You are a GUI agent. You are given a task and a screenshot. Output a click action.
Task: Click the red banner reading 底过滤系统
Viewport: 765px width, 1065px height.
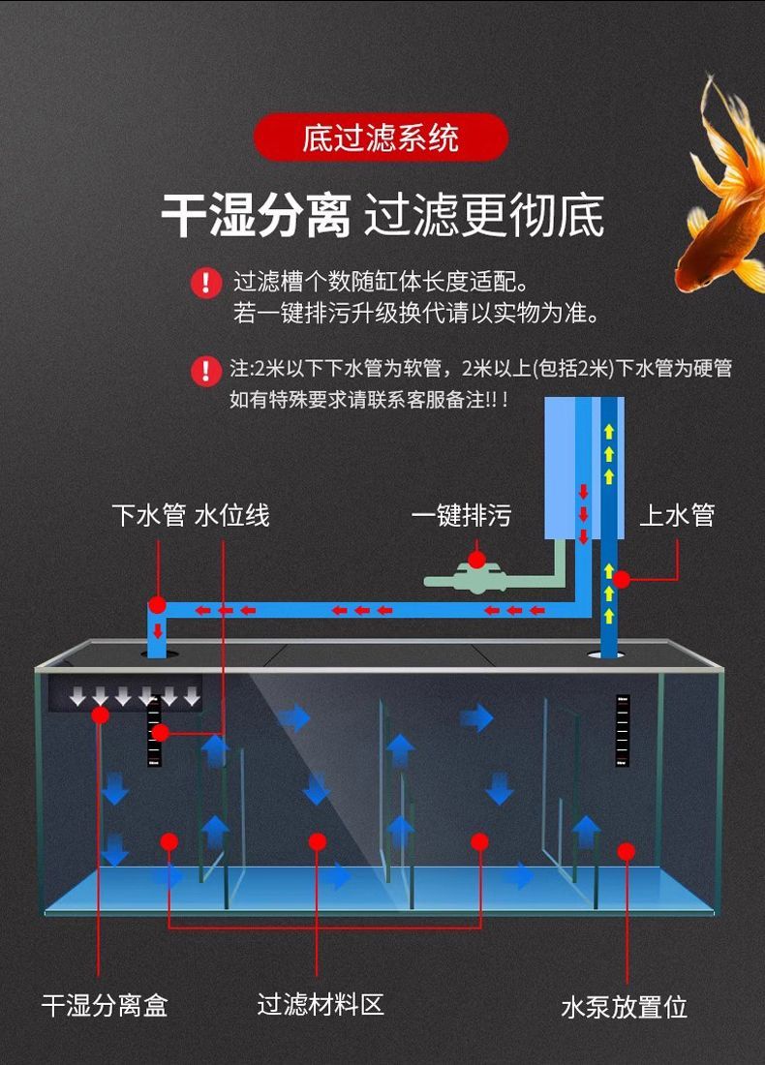tap(381, 137)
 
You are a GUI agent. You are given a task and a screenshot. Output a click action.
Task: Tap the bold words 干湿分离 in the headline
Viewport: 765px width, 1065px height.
tap(255, 215)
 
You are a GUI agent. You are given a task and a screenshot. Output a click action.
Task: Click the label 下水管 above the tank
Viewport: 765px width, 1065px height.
tap(148, 515)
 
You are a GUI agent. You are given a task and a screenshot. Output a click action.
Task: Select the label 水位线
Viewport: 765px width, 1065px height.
tap(232, 515)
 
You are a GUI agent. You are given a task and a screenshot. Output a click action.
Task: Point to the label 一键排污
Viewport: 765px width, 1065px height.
tap(461, 515)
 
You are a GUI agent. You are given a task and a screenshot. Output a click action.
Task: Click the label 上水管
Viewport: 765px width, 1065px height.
tap(677, 515)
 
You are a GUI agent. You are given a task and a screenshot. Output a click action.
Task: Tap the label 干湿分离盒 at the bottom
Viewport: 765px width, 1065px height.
tap(105, 1005)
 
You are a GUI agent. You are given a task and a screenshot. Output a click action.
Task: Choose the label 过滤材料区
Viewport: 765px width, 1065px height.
tap(321, 1004)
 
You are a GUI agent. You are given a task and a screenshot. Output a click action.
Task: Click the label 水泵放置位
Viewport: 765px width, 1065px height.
tap(625, 1007)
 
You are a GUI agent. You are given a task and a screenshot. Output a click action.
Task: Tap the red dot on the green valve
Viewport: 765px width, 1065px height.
tap(476, 560)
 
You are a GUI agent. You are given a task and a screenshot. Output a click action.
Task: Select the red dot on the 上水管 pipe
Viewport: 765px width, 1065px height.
tap(622, 579)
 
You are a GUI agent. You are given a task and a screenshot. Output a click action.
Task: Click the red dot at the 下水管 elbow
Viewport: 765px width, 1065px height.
tap(158, 606)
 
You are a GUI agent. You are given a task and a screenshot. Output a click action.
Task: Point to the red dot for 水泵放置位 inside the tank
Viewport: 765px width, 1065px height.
tap(627, 851)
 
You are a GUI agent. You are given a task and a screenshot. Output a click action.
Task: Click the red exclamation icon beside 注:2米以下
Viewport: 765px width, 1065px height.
tap(205, 369)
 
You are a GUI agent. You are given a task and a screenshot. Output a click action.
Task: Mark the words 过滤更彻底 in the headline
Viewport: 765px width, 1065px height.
tap(483, 215)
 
